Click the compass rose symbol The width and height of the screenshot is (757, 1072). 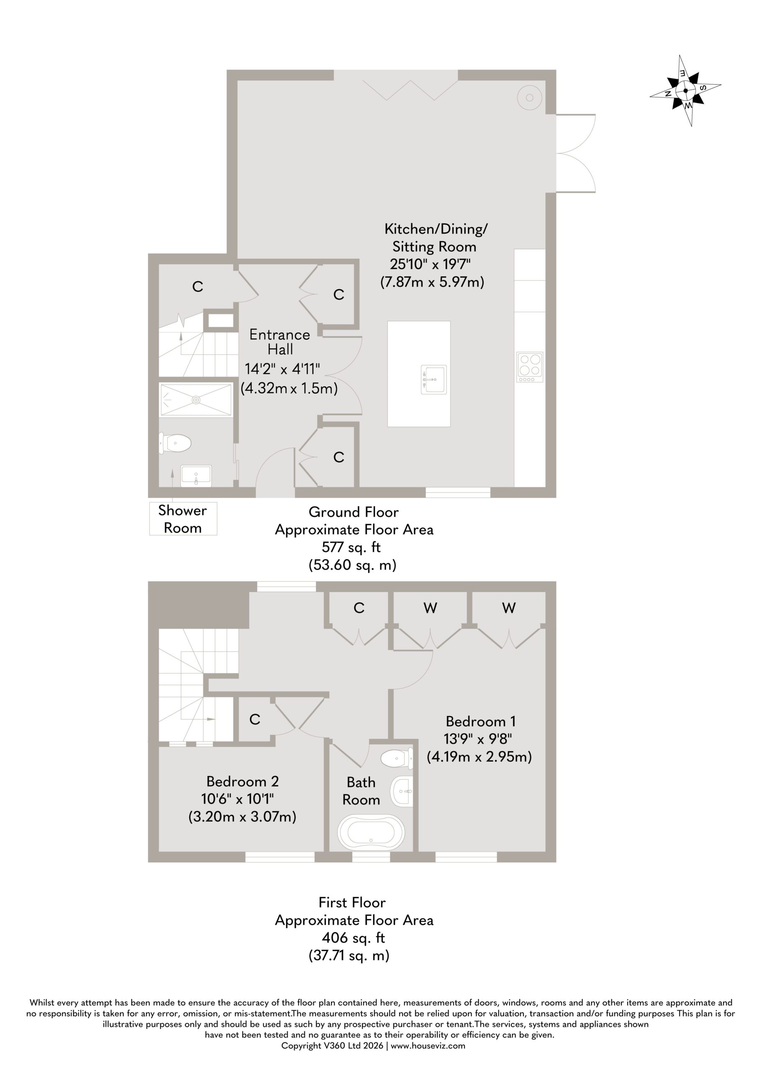point(685,90)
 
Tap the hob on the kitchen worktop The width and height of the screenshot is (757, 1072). point(530,367)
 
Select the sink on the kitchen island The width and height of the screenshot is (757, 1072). point(434,379)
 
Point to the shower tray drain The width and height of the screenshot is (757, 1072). point(196,399)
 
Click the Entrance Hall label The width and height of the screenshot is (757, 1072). point(280,341)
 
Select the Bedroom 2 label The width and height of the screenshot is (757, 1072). point(243,781)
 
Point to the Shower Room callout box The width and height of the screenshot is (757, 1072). point(183,519)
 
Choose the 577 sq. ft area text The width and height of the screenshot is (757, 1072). point(351,547)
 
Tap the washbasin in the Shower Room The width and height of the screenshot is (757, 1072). point(196,476)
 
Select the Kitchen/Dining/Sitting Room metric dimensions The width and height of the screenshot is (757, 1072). point(432,282)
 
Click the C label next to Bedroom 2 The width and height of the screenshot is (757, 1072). point(255,719)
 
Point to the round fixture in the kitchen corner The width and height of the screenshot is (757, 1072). point(530,98)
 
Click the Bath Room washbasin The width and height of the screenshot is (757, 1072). point(402,791)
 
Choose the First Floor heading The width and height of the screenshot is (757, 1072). point(352,902)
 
